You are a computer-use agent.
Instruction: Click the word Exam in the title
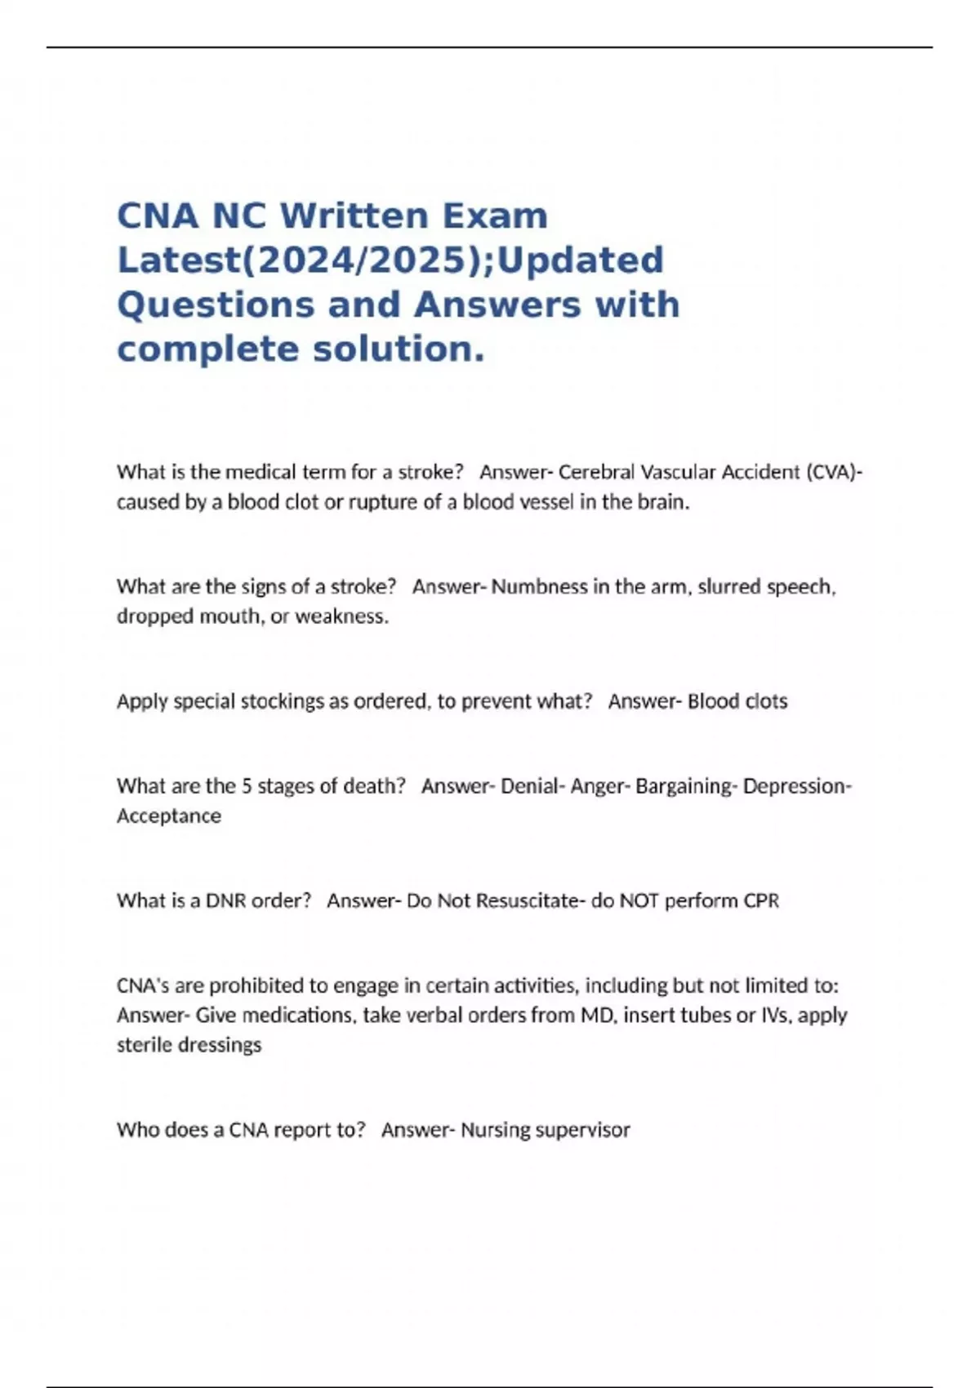point(495,216)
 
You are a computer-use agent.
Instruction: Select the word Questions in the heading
point(215,305)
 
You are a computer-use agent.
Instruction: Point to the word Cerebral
point(596,472)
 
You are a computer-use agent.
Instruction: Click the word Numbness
point(539,587)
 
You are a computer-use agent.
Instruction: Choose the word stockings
point(282,701)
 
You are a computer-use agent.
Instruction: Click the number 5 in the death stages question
point(246,786)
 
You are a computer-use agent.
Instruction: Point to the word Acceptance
point(169,816)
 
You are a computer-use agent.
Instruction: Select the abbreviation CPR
point(761,901)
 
